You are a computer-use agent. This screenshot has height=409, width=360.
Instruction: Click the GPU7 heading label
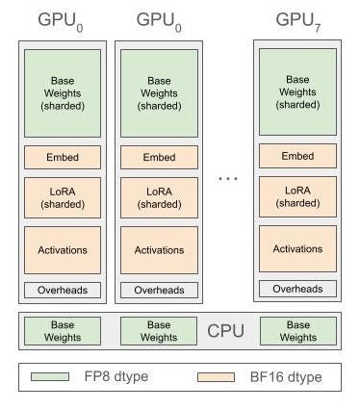(297, 19)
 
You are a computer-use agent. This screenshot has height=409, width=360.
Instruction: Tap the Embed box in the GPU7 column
(297, 156)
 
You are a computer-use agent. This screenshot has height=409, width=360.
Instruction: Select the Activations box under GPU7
(297, 248)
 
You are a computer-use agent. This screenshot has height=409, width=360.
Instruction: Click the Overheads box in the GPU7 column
(297, 289)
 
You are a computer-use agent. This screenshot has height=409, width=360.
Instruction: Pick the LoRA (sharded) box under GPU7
(297, 196)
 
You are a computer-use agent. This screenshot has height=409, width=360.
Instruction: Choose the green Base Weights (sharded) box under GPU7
(297, 91)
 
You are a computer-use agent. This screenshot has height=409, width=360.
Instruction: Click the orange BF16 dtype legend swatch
(217, 377)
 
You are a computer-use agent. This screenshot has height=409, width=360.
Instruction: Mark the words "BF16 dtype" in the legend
(284, 377)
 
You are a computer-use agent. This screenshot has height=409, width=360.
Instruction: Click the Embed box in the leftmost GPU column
(62, 157)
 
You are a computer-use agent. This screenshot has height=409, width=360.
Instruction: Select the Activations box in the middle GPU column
(159, 249)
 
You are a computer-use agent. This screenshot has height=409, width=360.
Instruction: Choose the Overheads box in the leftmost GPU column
(62, 290)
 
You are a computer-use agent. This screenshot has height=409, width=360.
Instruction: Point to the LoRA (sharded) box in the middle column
(159, 197)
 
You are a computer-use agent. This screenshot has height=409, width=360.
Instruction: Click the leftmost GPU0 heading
(62, 19)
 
